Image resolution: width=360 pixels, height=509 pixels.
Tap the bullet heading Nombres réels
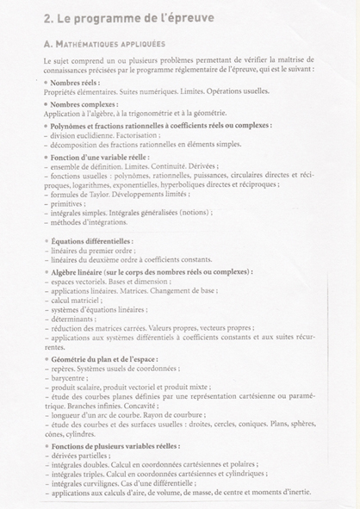tap(73, 82)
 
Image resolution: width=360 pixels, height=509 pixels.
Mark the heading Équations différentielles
tap(90, 241)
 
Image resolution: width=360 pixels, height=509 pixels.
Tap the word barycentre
tap(71, 376)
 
